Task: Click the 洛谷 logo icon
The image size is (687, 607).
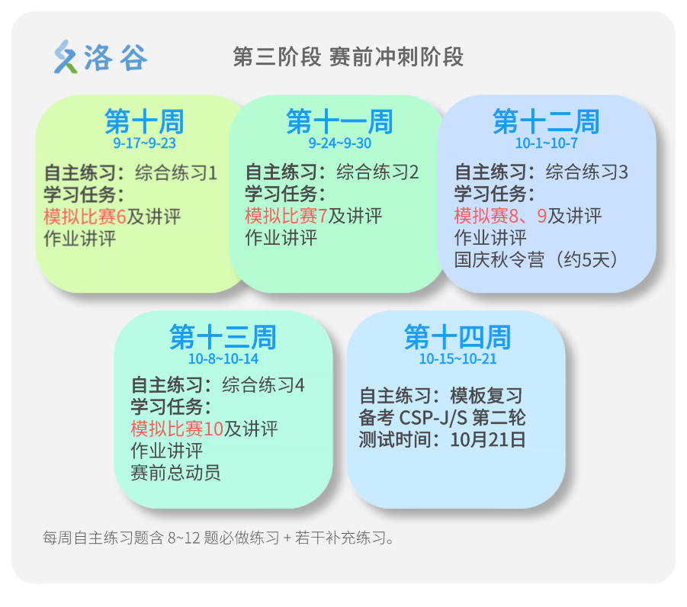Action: [66, 57]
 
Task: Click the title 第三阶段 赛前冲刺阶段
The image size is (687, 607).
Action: [348, 57]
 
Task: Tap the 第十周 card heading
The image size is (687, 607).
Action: [144, 122]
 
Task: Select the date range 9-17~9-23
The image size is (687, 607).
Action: [144, 143]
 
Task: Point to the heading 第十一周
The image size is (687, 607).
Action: [339, 122]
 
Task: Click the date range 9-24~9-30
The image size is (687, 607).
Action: [339, 143]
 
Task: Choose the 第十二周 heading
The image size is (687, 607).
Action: [546, 122]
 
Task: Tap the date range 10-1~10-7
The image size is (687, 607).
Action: [546, 143]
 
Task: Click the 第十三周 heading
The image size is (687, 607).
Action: [223, 337]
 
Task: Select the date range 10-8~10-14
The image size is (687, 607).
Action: [223, 358]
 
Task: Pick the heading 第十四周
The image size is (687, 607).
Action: [457, 337]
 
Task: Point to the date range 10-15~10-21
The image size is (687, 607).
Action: [457, 358]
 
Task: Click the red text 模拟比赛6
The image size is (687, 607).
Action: [85, 217]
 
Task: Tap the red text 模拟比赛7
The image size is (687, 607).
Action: [286, 217]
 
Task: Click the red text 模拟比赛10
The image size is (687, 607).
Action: [177, 429]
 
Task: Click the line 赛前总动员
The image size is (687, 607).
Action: [176, 472]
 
